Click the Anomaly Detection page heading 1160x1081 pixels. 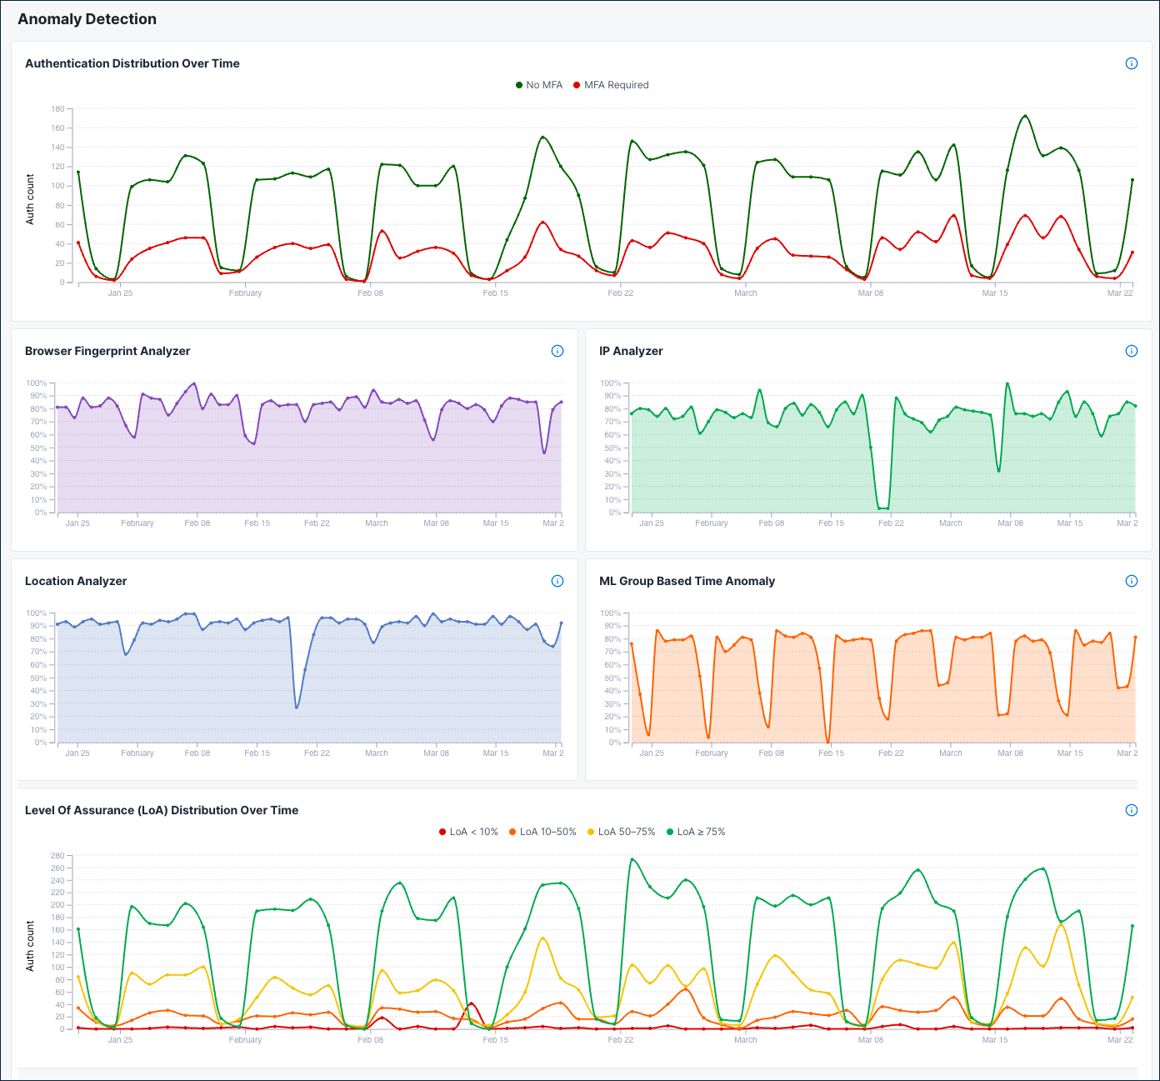coord(87,19)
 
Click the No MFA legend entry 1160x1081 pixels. coord(539,85)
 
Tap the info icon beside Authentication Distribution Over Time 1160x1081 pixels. coord(1131,63)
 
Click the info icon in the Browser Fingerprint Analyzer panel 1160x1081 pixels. coord(557,351)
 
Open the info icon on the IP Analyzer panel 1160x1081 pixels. coord(1131,351)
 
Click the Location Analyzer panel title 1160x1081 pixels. coord(76,581)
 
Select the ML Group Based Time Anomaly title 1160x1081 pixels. coord(687,581)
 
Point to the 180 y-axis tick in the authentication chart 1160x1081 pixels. coord(57,109)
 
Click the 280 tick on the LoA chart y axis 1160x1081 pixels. coord(57,856)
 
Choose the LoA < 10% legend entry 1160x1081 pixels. coord(468,832)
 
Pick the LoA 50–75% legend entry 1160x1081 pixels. coord(621,832)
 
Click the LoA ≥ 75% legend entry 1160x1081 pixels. coord(696,832)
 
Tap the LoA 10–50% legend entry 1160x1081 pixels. coord(542,832)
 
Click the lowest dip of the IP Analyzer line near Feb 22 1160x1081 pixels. coord(882,508)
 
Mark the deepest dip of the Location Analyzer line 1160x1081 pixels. coord(297,708)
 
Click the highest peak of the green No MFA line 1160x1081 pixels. coord(1025,116)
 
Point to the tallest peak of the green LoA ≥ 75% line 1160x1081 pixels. coord(632,859)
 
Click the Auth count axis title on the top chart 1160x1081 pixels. coord(30,199)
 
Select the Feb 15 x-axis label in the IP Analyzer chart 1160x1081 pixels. coord(831,523)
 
